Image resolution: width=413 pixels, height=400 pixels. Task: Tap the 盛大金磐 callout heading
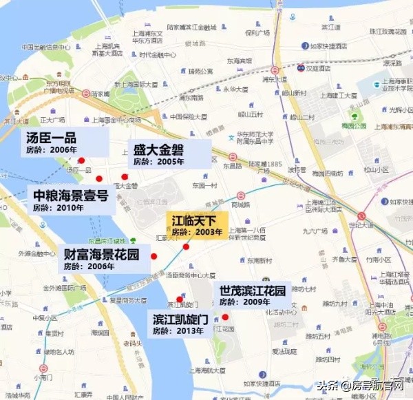coord(157,149)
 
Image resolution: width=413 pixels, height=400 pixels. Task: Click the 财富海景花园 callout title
coord(100,255)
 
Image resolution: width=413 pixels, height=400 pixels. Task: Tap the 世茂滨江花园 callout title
coord(252,290)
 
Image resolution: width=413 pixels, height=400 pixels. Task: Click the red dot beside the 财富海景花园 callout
coord(154,256)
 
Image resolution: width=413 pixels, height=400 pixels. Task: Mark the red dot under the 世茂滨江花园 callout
coord(225,317)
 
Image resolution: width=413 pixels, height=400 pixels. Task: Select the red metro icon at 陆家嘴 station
coord(86,93)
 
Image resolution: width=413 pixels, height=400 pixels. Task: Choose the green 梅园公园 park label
coord(354,126)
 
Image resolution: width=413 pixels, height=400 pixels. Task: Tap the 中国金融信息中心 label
coord(45,48)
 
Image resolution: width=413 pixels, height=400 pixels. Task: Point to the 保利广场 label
coord(255,32)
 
